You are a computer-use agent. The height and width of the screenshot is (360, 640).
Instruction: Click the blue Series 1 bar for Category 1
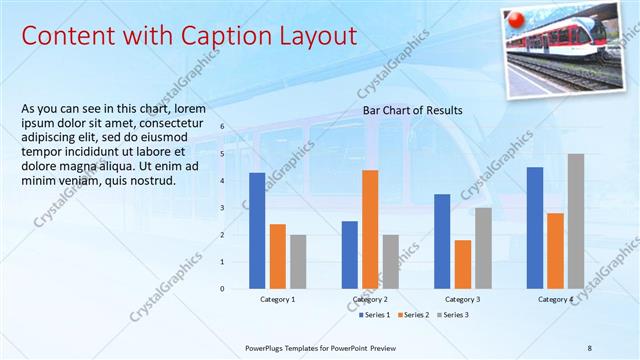(257, 230)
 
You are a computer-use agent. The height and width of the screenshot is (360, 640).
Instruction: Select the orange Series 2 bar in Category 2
(370, 229)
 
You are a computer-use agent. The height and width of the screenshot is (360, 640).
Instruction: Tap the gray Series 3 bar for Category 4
(575, 221)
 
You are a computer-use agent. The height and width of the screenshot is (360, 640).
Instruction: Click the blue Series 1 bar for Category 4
(535, 227)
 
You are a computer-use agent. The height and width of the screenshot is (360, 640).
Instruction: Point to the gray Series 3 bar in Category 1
(298, 261)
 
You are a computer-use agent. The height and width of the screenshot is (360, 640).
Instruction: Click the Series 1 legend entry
(375, 315)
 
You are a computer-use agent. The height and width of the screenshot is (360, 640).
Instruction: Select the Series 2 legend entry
(414, 315)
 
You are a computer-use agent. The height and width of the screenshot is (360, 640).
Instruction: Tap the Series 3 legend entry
(452, 315)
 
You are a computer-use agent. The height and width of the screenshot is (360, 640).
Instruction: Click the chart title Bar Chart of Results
(412, 110)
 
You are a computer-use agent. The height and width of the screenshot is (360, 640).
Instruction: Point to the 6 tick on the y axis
(222, 127)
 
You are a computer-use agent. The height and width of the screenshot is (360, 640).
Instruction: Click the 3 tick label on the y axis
(222, 208)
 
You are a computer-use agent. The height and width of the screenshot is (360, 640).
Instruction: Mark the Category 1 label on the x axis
(277, 299)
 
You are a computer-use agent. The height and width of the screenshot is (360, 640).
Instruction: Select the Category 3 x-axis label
(462, 299)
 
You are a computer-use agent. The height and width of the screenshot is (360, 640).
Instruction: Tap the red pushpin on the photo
(517, 20)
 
